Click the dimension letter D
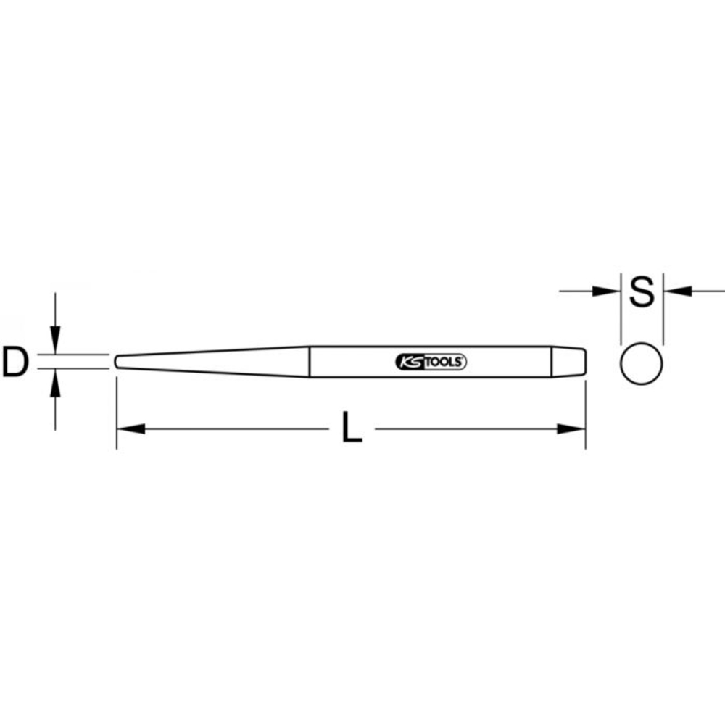(14, 362)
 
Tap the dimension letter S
(642, 292)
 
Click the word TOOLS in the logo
(442, 362)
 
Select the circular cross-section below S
(642, 362)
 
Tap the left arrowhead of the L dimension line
(130, 429)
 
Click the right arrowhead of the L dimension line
(571, 429)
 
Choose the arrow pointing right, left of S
(605, 291)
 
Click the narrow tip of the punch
(116, 361)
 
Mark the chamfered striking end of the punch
(577, 362)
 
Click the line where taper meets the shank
(310, 362)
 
